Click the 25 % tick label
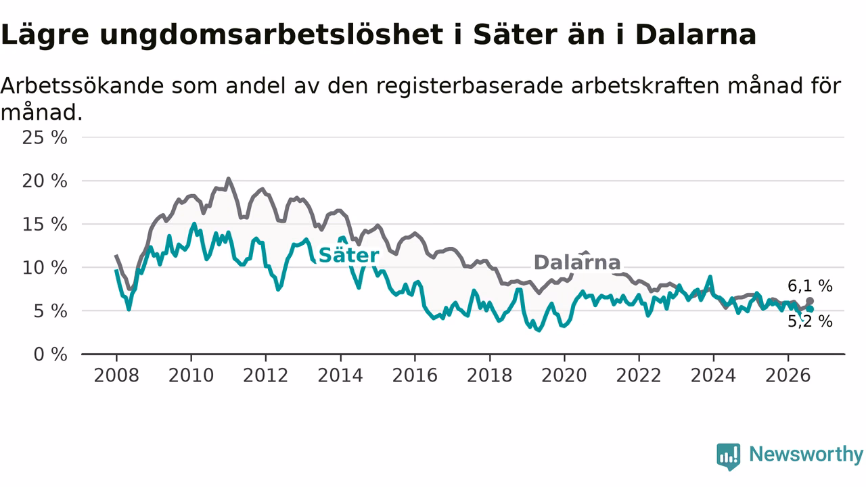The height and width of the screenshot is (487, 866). point(45,137)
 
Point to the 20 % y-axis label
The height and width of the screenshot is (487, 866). point(45,181)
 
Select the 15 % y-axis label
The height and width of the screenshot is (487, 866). point(45,224)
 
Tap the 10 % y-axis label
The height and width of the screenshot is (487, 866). point(45,267)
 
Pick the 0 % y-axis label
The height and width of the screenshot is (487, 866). point(50,354)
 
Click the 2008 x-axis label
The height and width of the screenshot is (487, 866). point(116,375)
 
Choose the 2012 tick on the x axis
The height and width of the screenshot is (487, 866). point(266,375)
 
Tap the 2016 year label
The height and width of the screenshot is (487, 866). point(415,375)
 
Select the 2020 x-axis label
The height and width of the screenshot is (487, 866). point(564,375)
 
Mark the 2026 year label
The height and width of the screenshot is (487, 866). point(788,375)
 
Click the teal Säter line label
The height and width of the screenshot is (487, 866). point(348,256)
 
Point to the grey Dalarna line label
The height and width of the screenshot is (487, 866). point(577,262)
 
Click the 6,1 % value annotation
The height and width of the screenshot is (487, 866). point(810,286)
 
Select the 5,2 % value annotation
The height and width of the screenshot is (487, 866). point(810,321)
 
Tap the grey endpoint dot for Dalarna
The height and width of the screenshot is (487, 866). point(810,301)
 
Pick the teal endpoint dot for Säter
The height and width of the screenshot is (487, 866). point(810,309)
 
